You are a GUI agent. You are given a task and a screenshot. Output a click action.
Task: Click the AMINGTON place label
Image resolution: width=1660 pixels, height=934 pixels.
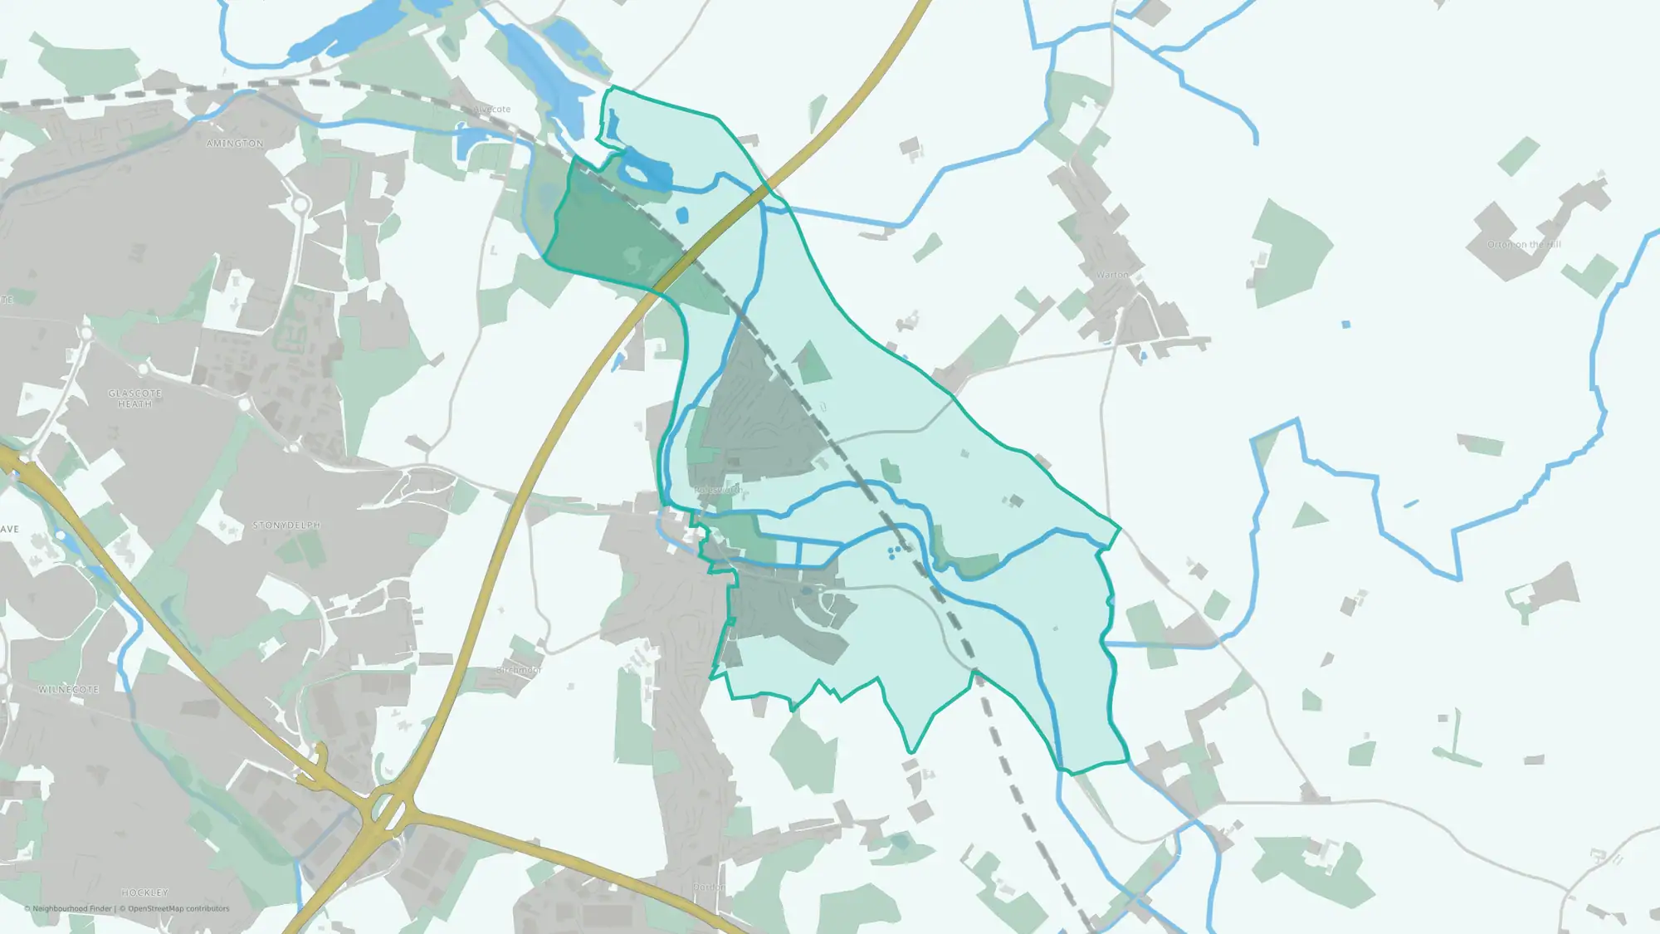[235, 144]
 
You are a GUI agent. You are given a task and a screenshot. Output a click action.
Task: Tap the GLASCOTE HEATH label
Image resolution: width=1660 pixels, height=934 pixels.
[134, 399]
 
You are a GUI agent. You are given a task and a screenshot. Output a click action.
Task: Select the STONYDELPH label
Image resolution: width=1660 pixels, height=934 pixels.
[286, 526]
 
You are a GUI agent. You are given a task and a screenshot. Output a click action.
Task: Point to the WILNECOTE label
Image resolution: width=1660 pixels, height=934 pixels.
[69, 690]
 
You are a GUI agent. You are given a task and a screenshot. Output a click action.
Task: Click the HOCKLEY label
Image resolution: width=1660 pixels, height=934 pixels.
[145, 892]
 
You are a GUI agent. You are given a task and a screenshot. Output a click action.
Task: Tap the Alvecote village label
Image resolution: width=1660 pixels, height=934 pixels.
[492, 110]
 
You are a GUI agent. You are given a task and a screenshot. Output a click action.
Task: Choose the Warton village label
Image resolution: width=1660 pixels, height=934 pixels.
[1112, 275]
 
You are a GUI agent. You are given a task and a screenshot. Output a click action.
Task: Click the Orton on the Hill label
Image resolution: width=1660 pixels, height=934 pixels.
[1524, 245]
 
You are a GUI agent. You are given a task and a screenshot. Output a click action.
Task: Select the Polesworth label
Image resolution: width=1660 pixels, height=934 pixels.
[718, 490]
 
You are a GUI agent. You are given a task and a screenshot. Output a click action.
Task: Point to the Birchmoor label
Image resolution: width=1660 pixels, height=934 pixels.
[519, 670]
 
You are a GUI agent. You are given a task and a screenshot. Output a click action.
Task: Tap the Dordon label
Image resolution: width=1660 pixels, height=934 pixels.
[709, 887]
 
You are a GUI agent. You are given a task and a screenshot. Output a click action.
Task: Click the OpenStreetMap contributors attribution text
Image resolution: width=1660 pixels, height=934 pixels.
[178, 908]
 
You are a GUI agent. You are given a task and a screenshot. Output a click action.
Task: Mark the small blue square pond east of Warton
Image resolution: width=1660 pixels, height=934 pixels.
[1345, 325]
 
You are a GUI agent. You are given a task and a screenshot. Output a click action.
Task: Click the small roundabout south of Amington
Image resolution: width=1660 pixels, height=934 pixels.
[300, 204]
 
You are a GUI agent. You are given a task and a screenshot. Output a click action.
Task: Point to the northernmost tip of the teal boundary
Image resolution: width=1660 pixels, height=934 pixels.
[613, 86]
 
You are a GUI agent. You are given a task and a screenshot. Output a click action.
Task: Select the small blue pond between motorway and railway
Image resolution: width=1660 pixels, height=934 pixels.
[682, 216]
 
